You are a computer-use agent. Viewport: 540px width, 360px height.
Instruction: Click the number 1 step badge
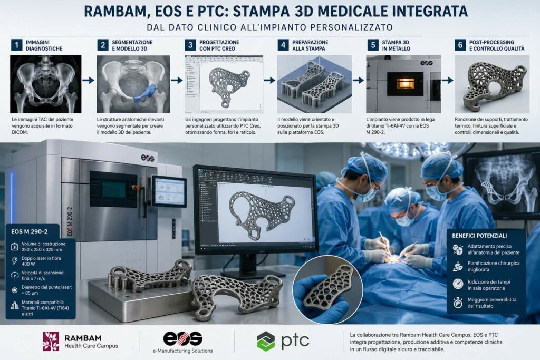16,45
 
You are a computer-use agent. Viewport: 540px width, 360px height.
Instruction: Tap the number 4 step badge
283,45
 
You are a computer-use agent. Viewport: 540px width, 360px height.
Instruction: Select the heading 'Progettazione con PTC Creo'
219,45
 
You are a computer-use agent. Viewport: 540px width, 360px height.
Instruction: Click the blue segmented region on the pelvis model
145,94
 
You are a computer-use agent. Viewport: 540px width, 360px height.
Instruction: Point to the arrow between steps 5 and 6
447,80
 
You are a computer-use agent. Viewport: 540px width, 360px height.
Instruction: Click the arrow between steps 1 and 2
88,80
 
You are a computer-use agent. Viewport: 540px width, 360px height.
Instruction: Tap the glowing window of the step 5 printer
404,83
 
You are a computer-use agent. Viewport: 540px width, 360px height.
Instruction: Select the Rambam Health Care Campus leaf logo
51,341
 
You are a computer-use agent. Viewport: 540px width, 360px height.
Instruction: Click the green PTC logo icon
266,341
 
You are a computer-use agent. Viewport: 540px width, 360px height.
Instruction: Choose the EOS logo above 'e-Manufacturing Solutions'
182,339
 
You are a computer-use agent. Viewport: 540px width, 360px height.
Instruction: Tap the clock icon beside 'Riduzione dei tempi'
458,284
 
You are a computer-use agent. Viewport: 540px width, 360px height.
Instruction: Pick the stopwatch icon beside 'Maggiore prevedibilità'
458,303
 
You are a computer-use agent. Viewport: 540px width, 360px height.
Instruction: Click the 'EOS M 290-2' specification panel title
30,231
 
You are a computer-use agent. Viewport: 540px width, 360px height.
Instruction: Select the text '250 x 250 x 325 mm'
42,249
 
